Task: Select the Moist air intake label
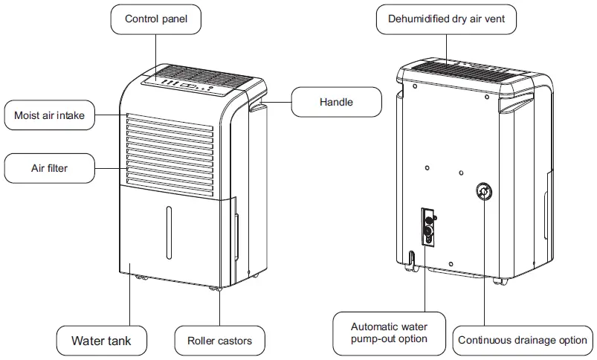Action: (x=50, y=115)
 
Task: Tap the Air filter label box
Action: (x=50, y=168)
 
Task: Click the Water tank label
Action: (x=101, y=341)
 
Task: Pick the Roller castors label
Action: (x=214, y=341)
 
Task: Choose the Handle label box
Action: (x=336, y=102)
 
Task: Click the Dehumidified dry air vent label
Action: (x=451, y=19)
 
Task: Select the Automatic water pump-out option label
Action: (x=389, y=332)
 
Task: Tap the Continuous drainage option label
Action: (x=522, y=341)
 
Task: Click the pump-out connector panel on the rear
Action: (x=429, y=228)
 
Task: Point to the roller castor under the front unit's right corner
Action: (x=215, y=288)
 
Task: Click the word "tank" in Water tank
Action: (x=117, y=341)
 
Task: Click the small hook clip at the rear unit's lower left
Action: (x=410, y=258)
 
